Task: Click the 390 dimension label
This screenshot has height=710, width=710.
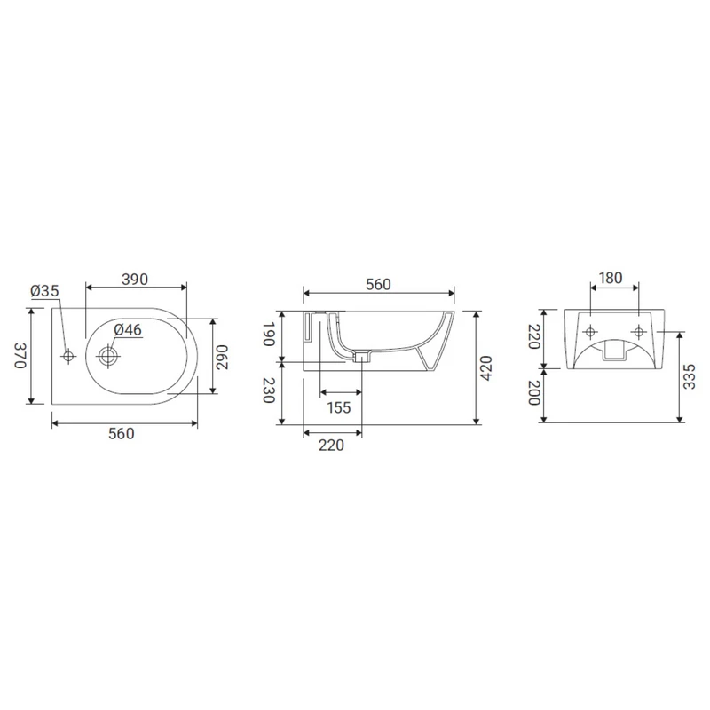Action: click(135, 280)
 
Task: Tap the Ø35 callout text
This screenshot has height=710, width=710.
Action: click(45, 291)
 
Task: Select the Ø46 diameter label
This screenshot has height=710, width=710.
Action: click(128, 329)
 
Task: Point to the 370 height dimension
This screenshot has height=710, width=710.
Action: click(20, 356)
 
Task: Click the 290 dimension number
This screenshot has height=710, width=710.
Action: click(222, 358)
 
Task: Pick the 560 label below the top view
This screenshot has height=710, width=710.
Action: click(122, 434)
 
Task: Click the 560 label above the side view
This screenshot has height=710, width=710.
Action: click(378, 284)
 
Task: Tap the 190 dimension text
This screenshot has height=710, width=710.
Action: click(270, 335)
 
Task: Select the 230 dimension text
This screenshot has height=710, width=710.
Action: click(270, 390)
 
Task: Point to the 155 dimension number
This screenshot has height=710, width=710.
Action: click(339, 408)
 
